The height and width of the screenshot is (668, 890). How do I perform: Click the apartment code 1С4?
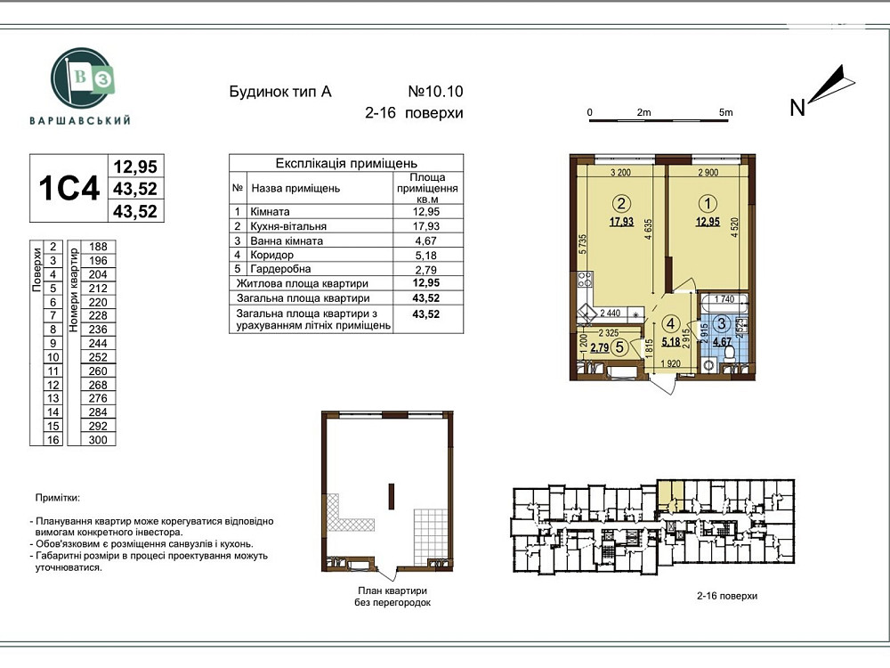[x=68, y=189]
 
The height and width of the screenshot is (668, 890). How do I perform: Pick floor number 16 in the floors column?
[x=53, y=439]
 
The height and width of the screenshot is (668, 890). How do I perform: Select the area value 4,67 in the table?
[x=426, y=240]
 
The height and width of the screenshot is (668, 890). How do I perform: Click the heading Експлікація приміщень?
[x=346, y=164]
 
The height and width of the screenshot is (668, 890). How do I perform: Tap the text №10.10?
[x=435, y=91]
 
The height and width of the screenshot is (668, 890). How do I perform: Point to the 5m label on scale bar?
[x=725, y=112]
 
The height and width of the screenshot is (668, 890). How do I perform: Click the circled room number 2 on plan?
[x=622, y=201]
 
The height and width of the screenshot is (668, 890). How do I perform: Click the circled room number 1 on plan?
[x=708, y=201]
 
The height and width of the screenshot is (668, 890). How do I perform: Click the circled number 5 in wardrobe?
[x=619, y=348]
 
